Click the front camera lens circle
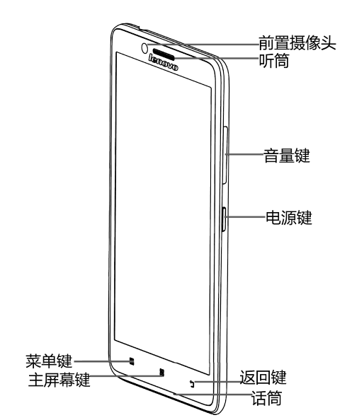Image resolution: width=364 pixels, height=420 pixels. point(144,48)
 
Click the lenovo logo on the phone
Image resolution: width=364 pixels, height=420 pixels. point(164,63)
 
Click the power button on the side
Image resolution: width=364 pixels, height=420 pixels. point(224,219)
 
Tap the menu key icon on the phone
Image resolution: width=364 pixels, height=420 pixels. point(132,361)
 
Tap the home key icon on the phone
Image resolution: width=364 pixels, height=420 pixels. point(161,373)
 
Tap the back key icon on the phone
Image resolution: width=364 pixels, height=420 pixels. point(192,384)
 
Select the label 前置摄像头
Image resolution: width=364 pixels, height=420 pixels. point(297,43)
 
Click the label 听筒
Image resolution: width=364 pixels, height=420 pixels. point(274,61)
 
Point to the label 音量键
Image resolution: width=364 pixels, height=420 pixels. point(287,155)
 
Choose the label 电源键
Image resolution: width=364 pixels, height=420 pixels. point(289,217)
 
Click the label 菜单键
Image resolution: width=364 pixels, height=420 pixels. point(49,361)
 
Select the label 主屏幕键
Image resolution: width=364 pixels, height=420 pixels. point(59,379)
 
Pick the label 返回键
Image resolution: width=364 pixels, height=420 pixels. point(263,377)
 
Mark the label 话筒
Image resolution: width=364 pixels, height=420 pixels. point(266,397)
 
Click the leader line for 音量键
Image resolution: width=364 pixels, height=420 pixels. point(244,154)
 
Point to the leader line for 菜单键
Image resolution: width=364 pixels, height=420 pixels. point(102,361)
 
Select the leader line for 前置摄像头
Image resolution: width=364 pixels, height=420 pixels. point(203,44)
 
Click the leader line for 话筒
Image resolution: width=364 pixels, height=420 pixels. point(212,395)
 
